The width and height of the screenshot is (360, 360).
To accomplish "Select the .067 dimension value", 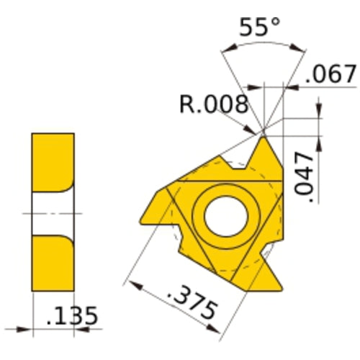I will [x=331, y=73].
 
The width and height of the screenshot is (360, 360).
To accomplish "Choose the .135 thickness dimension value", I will [x=70, y=316].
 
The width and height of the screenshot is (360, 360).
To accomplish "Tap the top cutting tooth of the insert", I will [x=264, y=153].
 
